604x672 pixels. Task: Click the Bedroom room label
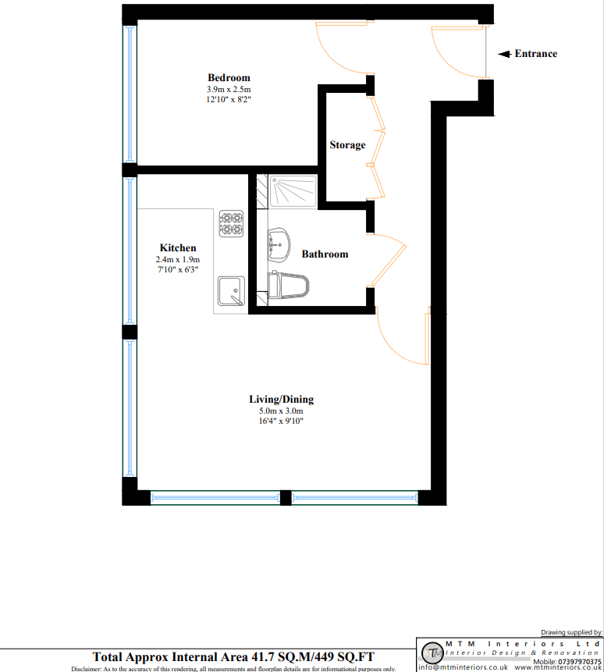pos(229,77)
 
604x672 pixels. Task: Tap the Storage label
pos(347,145)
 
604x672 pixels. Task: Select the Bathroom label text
pos(325,254)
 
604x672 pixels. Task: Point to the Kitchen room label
pos(178,247)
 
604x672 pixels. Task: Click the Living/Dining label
pos(282,400)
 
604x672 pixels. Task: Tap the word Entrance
pos(536,54)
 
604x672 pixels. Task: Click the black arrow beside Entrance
pos(504,54)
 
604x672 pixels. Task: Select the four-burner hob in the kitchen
pos(231,223)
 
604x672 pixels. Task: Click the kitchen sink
pos(231,291)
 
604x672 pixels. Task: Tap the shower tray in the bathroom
pos(293,191)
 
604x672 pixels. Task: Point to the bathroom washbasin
pos(279,245)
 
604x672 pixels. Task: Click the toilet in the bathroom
pos(288,285)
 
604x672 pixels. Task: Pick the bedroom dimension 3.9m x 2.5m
pos(229,90)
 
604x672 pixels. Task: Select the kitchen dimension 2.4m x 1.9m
pos(178,259)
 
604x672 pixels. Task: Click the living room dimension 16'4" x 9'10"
pos(281,421)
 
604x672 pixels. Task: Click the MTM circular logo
pos(432,653)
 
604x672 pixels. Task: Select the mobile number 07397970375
pos(579,662)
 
